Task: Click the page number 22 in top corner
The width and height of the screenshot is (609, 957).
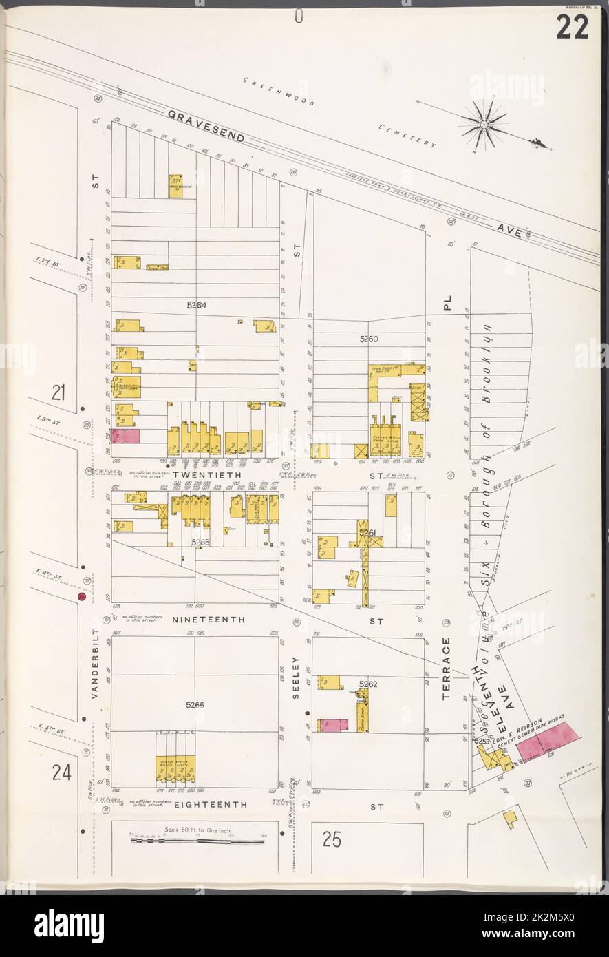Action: [573, 27]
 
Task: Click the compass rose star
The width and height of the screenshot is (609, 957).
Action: [484, 124]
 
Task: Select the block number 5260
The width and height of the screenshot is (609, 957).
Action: [369, 339]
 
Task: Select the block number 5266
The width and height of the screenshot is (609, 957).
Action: [195, 705]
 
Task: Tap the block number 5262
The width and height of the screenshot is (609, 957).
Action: [369, 684]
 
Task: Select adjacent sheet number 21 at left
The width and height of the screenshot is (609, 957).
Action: [58, 392]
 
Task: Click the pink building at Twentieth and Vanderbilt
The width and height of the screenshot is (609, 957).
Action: [127, 436]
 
